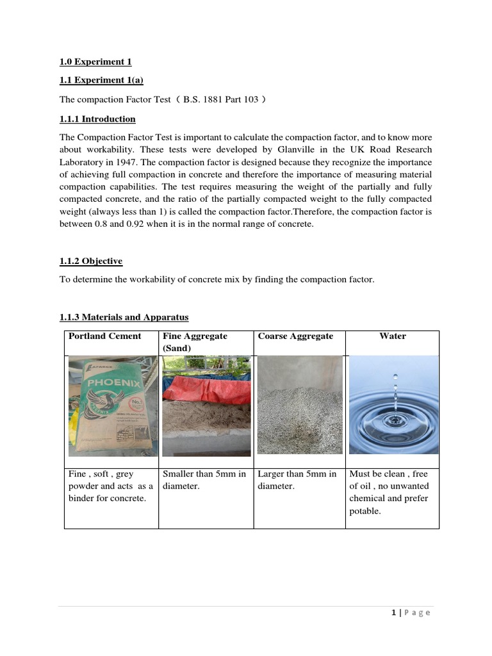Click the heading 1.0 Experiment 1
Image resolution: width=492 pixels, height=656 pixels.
coord(95,62)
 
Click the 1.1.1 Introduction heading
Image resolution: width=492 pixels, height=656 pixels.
coord(97,119)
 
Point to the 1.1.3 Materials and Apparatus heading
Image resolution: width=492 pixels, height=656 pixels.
coord(124,318)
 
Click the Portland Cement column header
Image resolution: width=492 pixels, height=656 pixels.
coord(105,336)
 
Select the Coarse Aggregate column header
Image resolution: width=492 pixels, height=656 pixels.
coord(295,336)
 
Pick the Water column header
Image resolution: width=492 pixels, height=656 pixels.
coord(392,336)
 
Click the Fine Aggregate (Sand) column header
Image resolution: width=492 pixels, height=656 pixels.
coord(195,342)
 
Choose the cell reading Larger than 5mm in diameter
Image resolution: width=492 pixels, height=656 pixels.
coord(297,480)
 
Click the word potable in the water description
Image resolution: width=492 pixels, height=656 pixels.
coord(365,511)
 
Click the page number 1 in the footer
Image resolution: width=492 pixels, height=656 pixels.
coord(393,612)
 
